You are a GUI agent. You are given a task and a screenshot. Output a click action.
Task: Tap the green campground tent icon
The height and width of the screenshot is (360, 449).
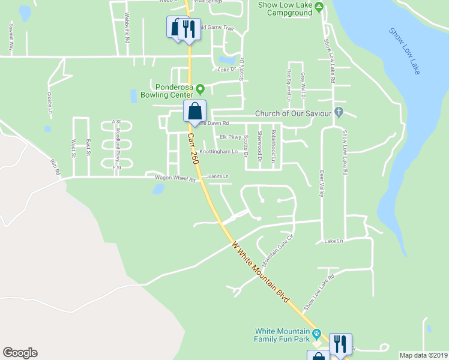tap(319, 7)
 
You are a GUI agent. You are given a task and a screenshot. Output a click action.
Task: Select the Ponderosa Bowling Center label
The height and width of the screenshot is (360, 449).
tap(166, 90)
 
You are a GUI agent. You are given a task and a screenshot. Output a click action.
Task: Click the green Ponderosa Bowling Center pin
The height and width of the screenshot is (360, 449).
tap(200, 87)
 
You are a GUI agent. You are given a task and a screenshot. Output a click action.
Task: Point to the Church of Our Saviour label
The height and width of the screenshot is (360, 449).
tap(294, 113)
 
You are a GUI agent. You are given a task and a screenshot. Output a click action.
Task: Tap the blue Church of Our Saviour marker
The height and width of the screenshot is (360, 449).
tap(339, 112)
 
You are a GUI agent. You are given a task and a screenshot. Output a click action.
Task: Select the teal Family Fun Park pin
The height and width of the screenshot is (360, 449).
tap(318, 333)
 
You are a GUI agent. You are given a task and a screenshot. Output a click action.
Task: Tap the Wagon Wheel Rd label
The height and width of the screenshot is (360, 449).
tap(176, 179)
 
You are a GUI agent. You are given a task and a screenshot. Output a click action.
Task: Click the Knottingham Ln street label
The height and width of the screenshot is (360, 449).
tap(218, 152)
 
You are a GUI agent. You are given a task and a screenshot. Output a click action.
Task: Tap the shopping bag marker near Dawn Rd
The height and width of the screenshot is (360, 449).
tap(195, 111)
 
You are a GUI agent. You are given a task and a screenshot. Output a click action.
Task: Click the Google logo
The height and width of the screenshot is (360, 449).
tap(20, 353)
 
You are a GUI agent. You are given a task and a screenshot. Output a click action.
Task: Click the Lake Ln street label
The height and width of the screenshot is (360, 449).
tap(333, 241)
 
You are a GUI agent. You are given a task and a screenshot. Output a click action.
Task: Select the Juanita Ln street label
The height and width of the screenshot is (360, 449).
tap(218, 176)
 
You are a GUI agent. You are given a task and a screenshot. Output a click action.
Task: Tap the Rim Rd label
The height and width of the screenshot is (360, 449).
tap(56, 167)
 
